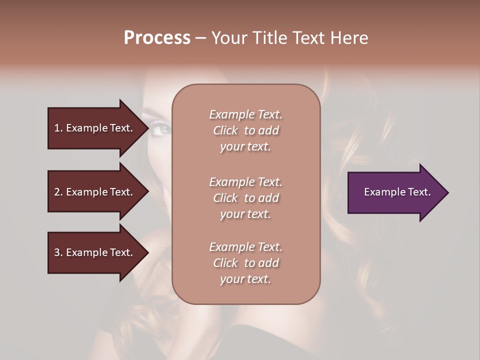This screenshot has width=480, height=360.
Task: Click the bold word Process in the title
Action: click(x=157, y=38)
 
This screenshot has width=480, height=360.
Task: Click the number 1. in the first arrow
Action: click(x=58, y=128)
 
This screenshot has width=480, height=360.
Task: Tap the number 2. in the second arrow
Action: click(x=58, y=192)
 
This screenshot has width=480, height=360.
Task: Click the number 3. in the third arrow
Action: click(x=58, y=252)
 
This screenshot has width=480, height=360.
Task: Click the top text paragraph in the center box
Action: click(x=245, y=130)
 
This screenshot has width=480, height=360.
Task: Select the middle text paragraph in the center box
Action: click(x=245, y=197)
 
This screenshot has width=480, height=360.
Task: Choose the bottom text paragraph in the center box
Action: click(x=245, y=263)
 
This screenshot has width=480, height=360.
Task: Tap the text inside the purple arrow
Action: click(x=397, y=192)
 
